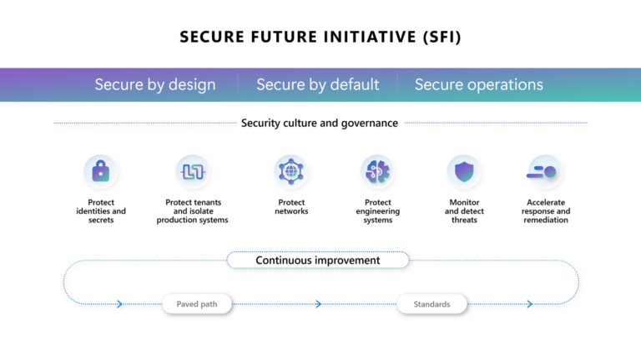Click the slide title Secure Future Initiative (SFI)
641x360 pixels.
[x=320, y=37]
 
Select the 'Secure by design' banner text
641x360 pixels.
[x=155, y=84]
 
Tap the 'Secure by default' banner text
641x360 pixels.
[x=318, y=84]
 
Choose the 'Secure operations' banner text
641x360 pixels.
[x=479, y=84]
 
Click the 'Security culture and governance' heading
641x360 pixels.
[x=320, y=123]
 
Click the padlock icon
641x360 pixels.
[x=100, y=171]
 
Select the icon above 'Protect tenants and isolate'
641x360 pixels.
[x=193, y=171]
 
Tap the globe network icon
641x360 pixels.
[x=291, y=171]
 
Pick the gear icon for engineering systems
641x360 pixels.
[x=377, y=171]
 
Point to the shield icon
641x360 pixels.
[x=464, y=171]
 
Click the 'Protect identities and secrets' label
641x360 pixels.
[x=101, y=211]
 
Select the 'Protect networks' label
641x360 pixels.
[x=291, y=207]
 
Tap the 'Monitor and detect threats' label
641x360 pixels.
[x=464, y=211]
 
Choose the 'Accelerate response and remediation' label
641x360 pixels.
[x=546, y=211]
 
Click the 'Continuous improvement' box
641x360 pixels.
[x=318, y=260]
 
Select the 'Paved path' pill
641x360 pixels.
[x=197, y=304]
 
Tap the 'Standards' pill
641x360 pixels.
[x=432, y=304]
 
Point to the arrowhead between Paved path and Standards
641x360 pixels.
[x=319, y=304]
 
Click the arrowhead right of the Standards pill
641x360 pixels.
[x=530, y=304]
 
